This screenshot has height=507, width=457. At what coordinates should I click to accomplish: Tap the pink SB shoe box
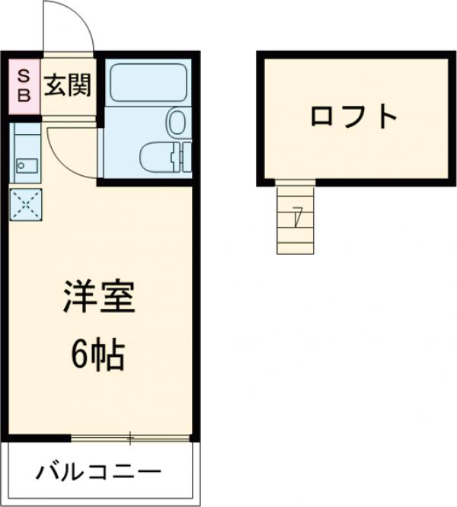(x=24, y=86)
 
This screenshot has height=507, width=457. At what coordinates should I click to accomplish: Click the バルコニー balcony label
(x=99, y=472)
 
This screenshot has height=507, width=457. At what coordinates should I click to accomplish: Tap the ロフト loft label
(x=354, y=117)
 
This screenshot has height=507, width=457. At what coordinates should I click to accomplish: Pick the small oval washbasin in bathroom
(x=177, y=121)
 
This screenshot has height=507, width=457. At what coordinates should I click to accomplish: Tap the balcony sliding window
(x=130, y=438)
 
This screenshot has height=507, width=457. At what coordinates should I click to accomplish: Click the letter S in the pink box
(x=24, y=76)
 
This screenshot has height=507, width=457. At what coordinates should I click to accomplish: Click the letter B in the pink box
(x=24, y=95)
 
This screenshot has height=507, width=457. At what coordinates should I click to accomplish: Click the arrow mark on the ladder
(x=296, y=217)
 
